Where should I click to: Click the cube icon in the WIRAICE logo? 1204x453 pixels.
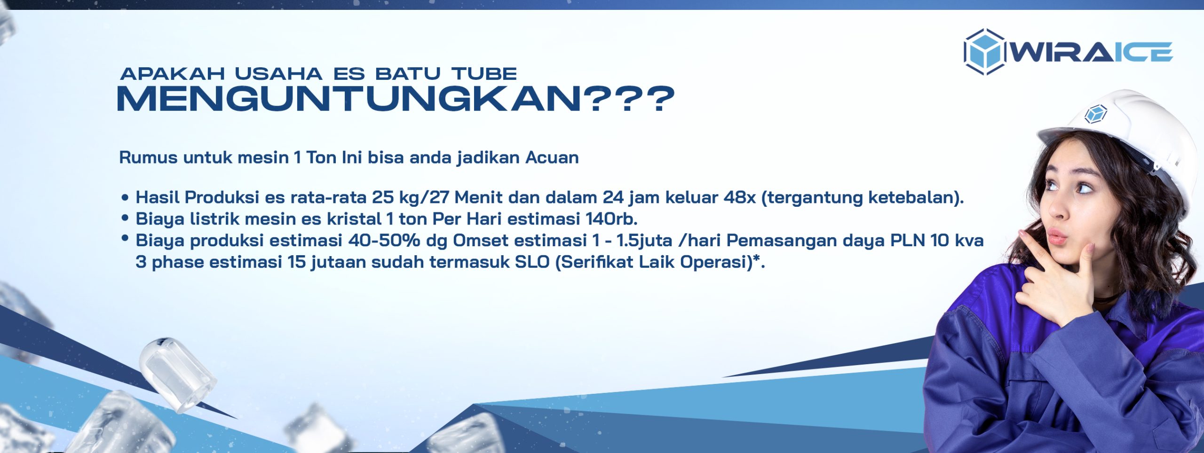984,52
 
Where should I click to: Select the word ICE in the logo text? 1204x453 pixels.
1143,52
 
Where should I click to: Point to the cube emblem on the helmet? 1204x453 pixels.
1096,114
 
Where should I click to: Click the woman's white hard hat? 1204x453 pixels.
1124,136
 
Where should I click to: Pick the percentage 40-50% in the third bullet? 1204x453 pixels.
384,241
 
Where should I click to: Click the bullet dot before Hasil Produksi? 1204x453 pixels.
125,198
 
